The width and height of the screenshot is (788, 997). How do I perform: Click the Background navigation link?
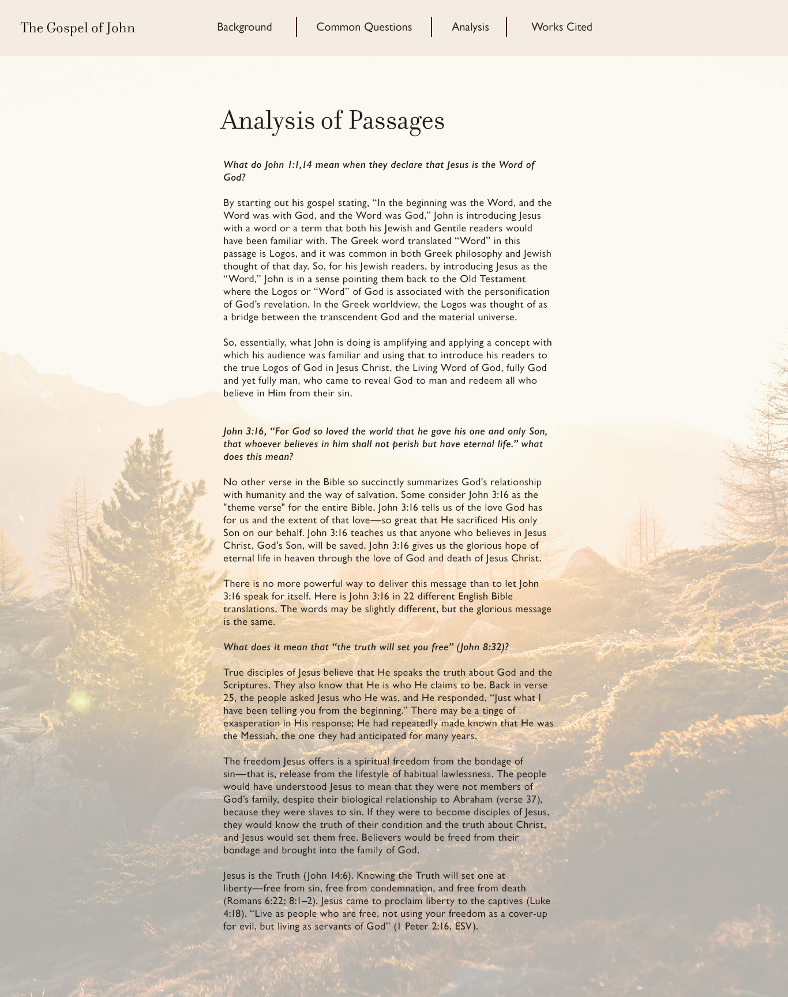coord(244,27)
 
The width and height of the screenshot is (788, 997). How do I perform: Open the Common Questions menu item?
coord(364,27)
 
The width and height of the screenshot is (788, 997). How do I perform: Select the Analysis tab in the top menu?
coord(470,27)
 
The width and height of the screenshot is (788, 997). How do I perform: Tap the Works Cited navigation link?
coord(561,27)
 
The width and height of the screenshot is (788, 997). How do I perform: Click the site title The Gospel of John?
coord(78,28)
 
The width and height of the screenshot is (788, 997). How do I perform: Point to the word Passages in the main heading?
coord(396,121)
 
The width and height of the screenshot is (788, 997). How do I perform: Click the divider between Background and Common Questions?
coord(297,27)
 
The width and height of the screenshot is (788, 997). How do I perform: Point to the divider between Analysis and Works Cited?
coord(506,27)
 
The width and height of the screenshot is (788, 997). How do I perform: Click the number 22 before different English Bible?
coord(409,597)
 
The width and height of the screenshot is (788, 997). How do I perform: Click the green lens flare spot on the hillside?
coord(80,701)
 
